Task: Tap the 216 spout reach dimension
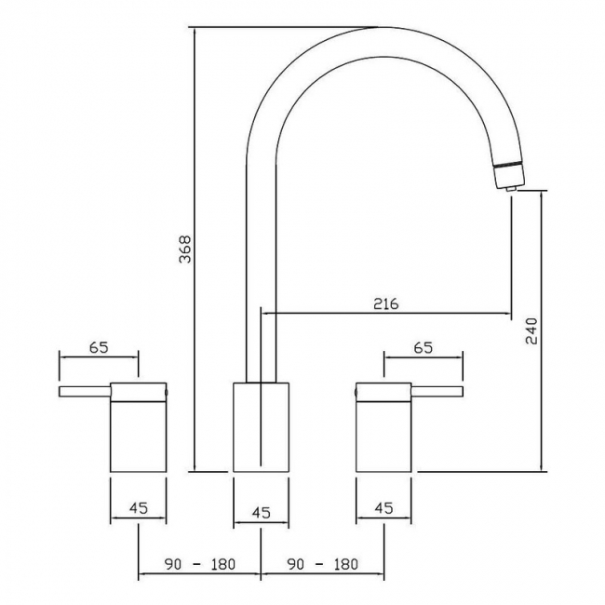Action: pyautogui.click(x=385, y=303)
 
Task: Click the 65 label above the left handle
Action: pyautogui.click(x=99, y=348)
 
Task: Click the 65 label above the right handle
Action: pyautogui.click(x=423, y=348)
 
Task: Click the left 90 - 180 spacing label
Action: pyautogui.click(x=200, y=564)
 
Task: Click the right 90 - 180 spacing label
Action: pyautogui.click(x=323, y=564)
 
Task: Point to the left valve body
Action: pyautogui.click(x=139, y=433)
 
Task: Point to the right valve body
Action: pyautogui.click(x=384, y=433)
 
